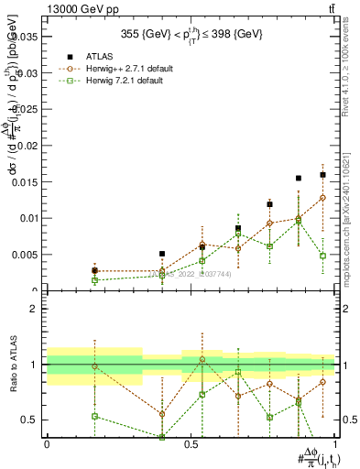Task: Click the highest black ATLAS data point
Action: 323,174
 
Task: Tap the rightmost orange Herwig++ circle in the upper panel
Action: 323,198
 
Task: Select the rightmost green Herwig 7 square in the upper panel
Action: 323,256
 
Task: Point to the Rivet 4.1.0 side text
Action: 351,64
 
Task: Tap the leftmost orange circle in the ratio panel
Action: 94,366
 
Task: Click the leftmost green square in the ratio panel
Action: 94,416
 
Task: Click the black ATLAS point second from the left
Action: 162,254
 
